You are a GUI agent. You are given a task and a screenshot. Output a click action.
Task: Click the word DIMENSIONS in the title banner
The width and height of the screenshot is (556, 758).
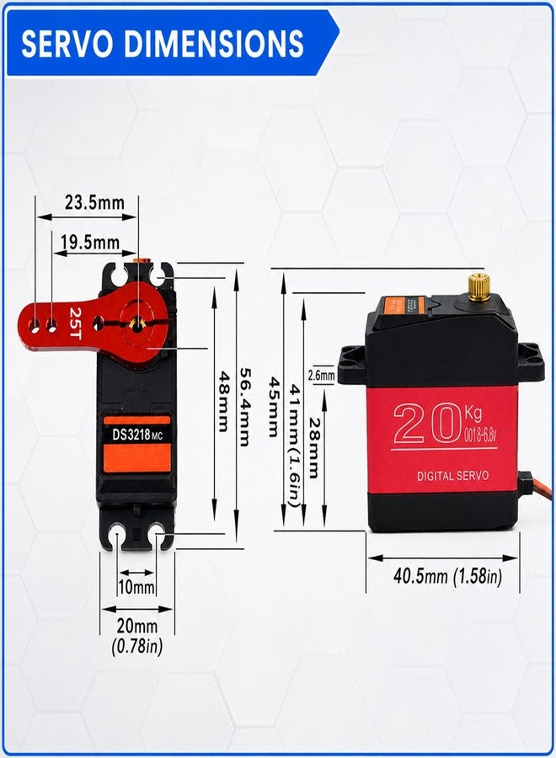pyautogui.click(x=214, y=44)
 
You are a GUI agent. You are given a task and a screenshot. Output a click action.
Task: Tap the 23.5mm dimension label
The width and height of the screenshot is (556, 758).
pyautogui.click(x=94, y=202)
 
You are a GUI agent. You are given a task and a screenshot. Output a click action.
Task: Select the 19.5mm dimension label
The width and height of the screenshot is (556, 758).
pyautogui.click(x=90, y=242)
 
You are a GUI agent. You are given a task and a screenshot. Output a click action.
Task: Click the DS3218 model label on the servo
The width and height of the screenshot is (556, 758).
pyautogui.click(x=131, y=435)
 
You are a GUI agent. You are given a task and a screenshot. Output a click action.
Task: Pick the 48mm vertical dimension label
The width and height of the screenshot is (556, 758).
pyautogui.click(x=224, y=401)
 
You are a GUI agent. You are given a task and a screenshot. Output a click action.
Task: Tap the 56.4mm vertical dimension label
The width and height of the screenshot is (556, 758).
pyautogui.click(x=245, y=407)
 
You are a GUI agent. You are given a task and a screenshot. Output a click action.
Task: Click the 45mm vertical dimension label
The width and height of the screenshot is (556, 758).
pyautogui.click(x=273, y=407)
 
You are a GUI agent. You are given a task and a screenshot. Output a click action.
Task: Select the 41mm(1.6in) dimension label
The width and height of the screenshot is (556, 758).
pyautogui.click(x=296, y=446)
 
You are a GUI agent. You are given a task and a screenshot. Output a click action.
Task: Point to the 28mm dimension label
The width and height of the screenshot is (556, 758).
pyautogui.click(x=314, y=448)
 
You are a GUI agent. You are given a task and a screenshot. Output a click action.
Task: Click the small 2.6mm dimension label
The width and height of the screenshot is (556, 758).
pyautogui.click(x=321, y=375)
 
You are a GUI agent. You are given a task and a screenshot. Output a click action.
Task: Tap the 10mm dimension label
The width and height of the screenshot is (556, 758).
pyautogui.click(x=136, y=587)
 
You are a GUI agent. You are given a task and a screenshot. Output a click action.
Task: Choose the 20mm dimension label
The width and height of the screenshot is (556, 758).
pyautogui.click(x=136, y=626)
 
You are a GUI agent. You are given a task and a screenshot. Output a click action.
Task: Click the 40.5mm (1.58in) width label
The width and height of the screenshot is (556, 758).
pyautogui.click(x=447, y=576)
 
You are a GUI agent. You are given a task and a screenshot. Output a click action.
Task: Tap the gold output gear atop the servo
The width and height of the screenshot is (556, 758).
pyautogui.click(x=477, y=286)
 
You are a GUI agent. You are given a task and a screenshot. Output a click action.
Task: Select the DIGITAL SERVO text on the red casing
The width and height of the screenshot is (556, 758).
pyautogui.click(x=452, y=476)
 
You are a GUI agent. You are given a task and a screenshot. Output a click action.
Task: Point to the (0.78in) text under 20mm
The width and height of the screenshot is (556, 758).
pyautogui.click(x=136, y=646)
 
